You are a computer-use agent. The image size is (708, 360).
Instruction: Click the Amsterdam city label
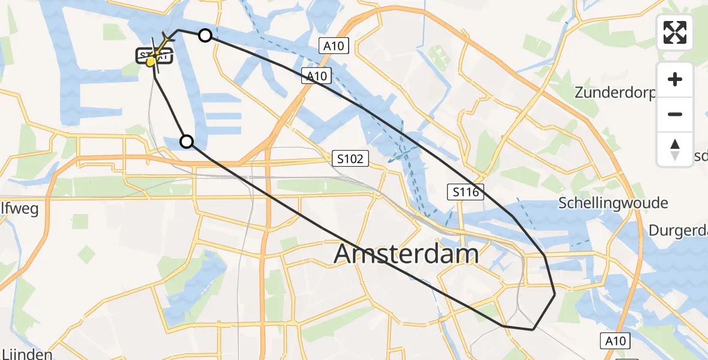coord(406,254)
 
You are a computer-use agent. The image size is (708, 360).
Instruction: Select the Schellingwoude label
coord(613,203)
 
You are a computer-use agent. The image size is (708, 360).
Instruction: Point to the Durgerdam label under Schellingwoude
coord(677,231)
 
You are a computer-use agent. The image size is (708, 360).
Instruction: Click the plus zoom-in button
coord(675,79)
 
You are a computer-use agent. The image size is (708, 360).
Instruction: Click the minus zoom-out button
coord(675,114)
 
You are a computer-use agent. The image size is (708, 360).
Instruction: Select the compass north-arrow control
coord(675,149)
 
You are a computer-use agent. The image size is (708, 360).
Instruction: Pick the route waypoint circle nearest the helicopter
coord(205,35)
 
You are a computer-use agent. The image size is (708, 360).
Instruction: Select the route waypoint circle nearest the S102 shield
coord(187,142)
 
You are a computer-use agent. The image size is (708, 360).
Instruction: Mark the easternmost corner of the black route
coord(554,295)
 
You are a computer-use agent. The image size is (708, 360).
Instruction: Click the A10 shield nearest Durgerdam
coord(615,341)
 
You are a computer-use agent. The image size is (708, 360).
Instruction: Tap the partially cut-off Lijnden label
coord(26,354)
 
